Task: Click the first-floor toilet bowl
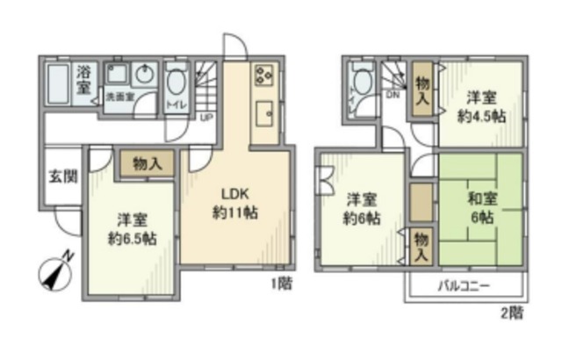pos(176,84)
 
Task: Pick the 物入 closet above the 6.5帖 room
pos(147,163)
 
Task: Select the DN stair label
pos(394,96)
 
